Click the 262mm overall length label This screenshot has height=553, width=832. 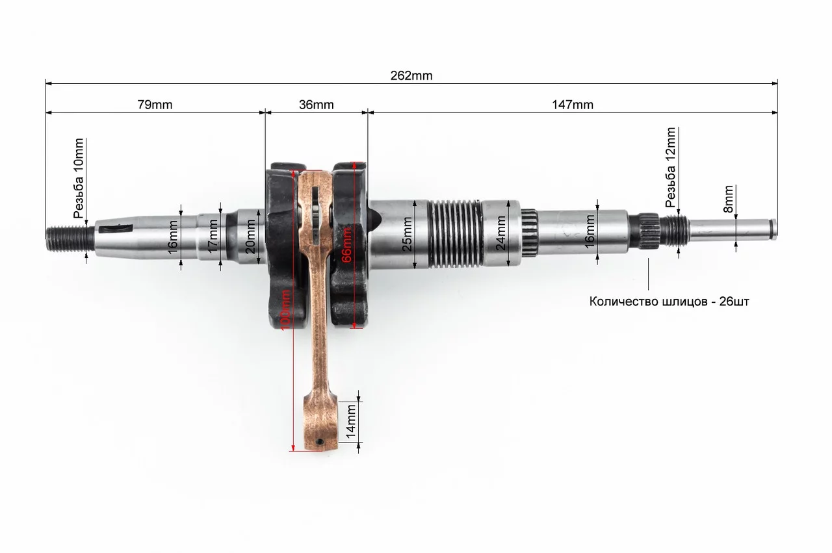pyautogui.click(x=411, y=76)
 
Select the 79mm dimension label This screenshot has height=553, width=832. pyautogui.click(x=155, y=105)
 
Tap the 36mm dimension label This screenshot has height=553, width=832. pyautogui.click(x=317, y=105)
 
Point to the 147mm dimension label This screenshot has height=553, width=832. pyautogui.click(x=573, y=105)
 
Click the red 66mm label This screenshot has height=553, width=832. pyautogui.click(x=346, y=245)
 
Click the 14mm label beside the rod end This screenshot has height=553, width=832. pyautogui.click(x=351, y=422)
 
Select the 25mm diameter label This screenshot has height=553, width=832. pyautogui.click(x=408, y=234)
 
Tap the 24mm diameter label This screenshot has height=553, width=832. pyautogui.click(x=501, y=233)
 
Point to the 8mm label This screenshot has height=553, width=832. pyautogui.click(x=729, y=199)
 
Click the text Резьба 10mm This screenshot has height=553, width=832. pyautogui.click(x=79, y=178)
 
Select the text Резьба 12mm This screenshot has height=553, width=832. pyautogui.click(x=670, y=168)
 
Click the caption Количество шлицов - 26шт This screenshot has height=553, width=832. pyautogui.click(x=669, y=302)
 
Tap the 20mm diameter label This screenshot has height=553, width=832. pyautogui.click(x=251, y=237)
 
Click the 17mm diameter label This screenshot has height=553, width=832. pyautogui.click(x=213, y=236)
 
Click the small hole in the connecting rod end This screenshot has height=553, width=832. pyautogui.click(x=319, y=442)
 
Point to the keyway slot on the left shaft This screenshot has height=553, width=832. pyautogui.click(x=116, y=229)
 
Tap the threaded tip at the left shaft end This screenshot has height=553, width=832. pyautogui.click(x=70, y=238)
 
